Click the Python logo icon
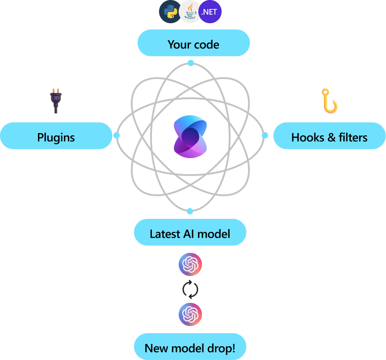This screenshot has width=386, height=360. coord(171,12)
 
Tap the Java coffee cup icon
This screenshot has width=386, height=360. coord(190,12)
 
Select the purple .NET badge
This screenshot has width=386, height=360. coord(210,12)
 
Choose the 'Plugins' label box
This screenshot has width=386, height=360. coord(56,136)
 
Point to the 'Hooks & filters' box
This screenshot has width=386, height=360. coord(329,136)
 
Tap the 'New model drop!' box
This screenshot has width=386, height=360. coord(190,347)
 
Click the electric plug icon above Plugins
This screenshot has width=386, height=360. coord(55,100)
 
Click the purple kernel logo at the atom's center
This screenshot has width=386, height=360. coord(190,136)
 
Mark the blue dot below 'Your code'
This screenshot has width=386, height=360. coord(191,63)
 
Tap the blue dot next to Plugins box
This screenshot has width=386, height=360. coord(117,135)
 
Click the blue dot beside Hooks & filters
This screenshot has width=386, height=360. coord(264,135)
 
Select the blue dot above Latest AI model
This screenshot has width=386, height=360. coord(190,211)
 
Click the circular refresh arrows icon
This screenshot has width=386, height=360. coord(190,290)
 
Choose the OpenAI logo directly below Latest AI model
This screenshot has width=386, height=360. coord(190,265)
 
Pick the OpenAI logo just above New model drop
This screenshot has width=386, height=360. coord(190,314)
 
